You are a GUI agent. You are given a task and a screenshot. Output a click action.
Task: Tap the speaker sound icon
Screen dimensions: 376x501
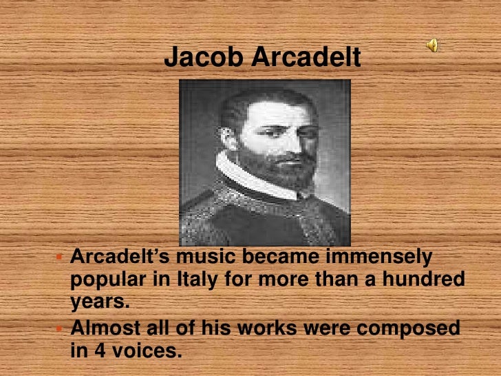coord(431,45)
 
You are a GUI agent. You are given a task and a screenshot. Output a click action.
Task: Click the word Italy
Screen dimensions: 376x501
coord(206,281)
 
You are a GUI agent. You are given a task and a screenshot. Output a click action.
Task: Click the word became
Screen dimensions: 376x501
coord(277,259)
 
